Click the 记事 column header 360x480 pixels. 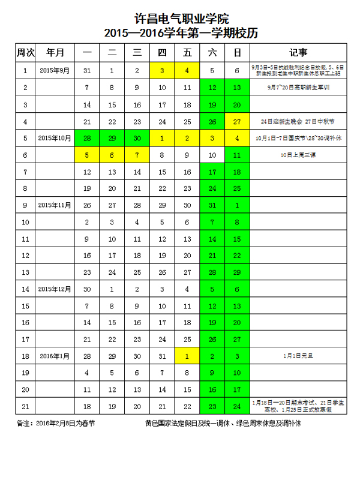tap(298, 53)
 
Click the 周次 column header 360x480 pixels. tap(25, 53)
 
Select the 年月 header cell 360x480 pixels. tap(55, 53)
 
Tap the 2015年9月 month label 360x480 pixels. tap(55, 70)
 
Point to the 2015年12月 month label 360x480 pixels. tap(55, 289)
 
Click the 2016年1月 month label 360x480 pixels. tap(55, 356)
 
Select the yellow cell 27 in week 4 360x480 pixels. tap(237, 122)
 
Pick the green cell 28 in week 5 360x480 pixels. tap(87, 138)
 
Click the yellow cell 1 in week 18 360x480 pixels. tap(187, 356)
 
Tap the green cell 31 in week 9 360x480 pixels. tap(212, 205)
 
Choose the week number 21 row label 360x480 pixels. tap(25, 406)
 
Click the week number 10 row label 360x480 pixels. tap(25, 222)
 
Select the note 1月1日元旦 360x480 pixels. tap(298, 356)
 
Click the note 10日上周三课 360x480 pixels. tap(298, 155)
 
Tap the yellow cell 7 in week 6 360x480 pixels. tap(137, 155)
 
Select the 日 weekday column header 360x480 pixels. tap(237, 53)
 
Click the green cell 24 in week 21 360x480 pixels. tap(237, 406)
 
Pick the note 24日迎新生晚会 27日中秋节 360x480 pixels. tap(298, 122)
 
